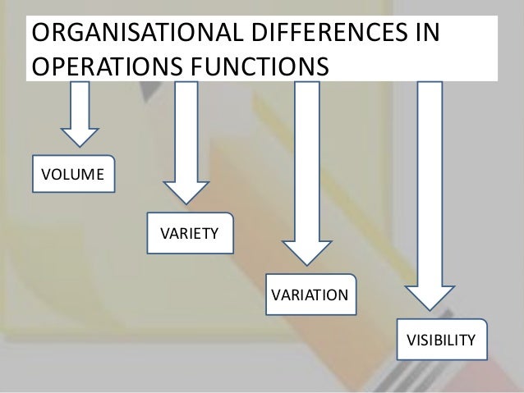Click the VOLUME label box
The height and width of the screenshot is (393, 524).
click(73, 174)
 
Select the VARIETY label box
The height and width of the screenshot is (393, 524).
click(189, 234)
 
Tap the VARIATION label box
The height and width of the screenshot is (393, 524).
click(310, 294)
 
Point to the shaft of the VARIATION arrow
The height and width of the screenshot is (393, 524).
click(306, 156)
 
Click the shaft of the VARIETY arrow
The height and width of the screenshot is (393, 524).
click(187, 123)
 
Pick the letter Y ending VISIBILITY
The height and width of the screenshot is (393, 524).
click(471, 339)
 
